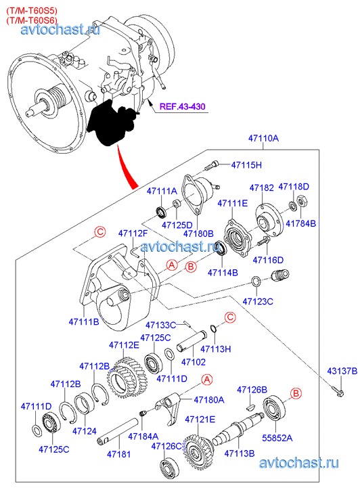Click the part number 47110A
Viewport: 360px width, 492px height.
point(263,138)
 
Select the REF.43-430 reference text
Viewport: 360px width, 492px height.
point(182,106)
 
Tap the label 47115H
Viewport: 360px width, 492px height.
point(246,164)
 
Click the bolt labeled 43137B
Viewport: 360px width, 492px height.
point(338,390)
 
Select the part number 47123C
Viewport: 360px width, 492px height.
point(258,302)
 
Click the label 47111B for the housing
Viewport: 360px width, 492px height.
point(84,322)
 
